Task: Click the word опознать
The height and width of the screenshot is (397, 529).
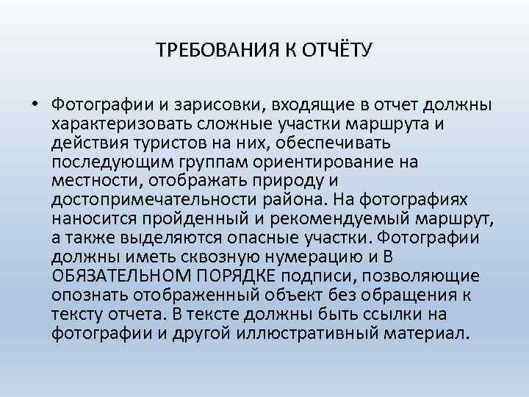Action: (84, 294)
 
